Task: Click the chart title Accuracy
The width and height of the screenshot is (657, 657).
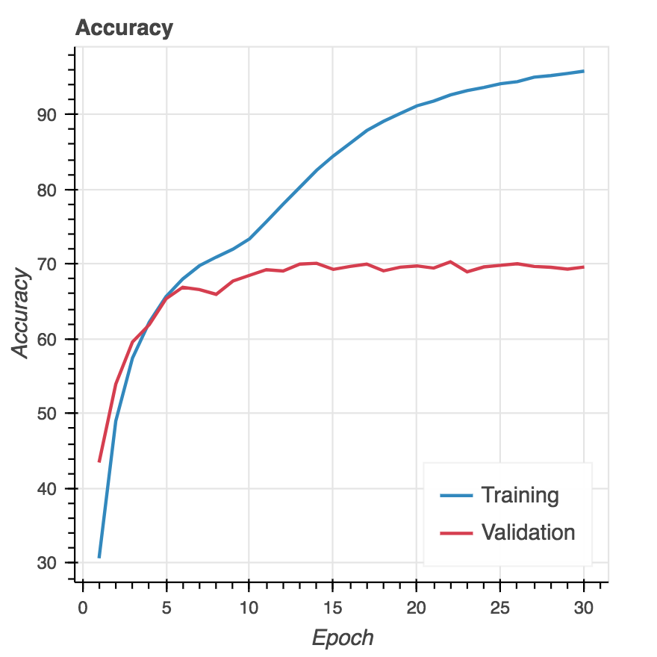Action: pos(124,28)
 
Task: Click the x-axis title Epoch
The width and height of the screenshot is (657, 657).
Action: pos(342,638)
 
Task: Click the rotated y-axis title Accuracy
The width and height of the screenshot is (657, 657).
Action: pos(22,314)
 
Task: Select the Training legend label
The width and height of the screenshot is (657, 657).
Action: pos(520,495)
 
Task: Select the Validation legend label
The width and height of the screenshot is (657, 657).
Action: pos(528,532)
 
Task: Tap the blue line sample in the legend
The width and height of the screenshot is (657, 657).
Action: pos(455,495)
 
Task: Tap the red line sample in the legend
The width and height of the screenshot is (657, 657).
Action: pos(455,533)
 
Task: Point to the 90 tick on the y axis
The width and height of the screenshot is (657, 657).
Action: pos(75,114)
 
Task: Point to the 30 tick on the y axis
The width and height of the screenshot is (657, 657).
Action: pos(75,563)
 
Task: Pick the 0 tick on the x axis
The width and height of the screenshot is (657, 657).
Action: pos(83,582)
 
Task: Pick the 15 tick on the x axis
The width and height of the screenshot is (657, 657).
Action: pos(333,582)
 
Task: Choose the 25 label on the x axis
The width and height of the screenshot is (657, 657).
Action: pos(500,608)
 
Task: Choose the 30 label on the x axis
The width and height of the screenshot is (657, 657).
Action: pos(584,608)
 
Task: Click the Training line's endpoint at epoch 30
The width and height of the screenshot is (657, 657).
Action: pos(583,71)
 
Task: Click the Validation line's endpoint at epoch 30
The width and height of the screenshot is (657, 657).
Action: pos(583,267)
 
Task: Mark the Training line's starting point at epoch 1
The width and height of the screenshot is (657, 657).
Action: pos(99,557)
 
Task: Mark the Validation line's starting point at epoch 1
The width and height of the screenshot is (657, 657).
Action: pos(99,461)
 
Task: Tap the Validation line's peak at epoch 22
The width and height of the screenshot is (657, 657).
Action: pos(449,262)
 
